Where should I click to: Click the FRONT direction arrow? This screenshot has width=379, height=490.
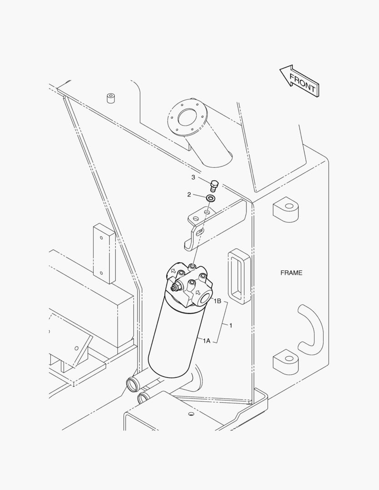299,81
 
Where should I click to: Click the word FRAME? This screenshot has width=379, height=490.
291,273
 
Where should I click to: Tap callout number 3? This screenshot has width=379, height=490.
193,177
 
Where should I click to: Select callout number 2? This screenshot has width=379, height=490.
189,195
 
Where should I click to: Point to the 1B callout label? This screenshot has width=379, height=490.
217,301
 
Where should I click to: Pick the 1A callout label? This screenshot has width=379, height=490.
207,341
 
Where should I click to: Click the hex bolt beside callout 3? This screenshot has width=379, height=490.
214,186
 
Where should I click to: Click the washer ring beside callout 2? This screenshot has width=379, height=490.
211,198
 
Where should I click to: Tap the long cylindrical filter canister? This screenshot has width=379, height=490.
173,338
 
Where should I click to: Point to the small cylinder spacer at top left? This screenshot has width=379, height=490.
111,98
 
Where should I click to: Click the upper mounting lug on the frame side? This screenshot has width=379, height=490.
286,209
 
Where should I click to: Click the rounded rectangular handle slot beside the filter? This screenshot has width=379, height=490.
239,276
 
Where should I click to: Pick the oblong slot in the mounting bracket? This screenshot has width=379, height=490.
200,231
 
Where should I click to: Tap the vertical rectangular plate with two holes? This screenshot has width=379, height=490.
104,254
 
